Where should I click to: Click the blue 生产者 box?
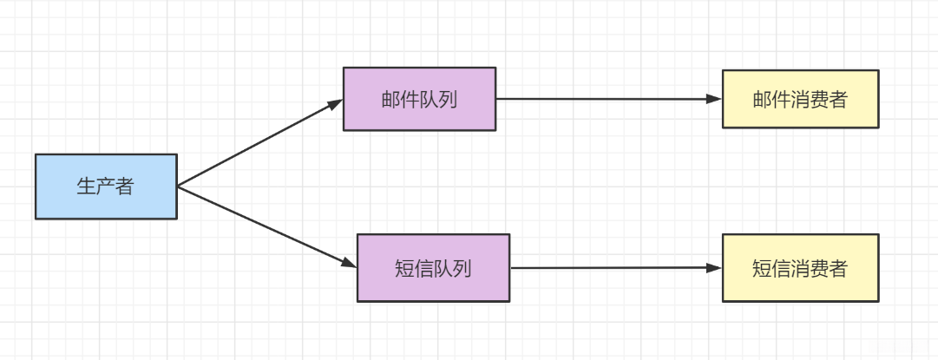tap(106, 187)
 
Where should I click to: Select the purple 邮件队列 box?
tap(419, 99)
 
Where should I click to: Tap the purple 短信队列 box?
tap(433, 268)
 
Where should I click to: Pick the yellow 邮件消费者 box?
tap(800, 99)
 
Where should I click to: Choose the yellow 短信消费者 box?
tap(800, 268)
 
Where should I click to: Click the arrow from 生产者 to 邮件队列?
tap(260, 142)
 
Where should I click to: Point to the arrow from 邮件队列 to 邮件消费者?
tap(607, 99)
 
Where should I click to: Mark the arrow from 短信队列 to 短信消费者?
tap(616, 268)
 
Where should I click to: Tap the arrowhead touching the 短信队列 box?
tap(349, 264)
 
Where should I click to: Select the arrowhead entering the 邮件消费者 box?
tap(714, 99)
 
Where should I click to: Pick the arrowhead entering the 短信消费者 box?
tap(714, 268)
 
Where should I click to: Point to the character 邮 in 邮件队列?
tap(390, 99)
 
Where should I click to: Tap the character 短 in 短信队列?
tap(404, 268)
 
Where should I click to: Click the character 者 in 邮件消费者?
tap(837, 99)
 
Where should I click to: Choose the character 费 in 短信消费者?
tap(818, 268)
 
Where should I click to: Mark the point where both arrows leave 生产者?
tap(178, 187)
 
